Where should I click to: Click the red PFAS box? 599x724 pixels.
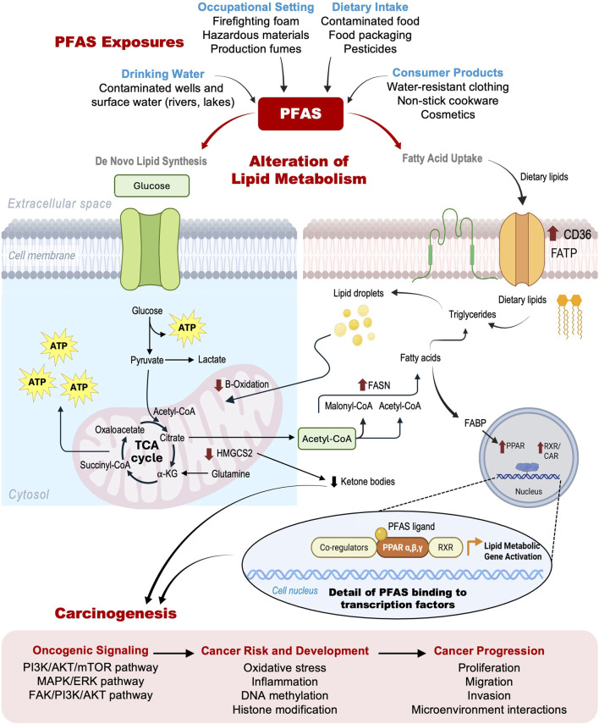(300, 113)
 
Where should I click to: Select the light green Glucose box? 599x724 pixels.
(151, 185)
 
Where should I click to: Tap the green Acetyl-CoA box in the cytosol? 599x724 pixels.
(327, 439)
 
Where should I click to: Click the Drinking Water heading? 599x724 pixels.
(162, 74)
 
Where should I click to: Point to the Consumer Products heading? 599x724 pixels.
(448, 73)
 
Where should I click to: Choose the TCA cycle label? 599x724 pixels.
(146, 451)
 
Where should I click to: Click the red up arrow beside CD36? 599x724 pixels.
(552, 233)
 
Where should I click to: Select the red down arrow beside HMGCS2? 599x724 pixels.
(209, 454)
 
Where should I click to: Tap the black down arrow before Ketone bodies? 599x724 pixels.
(334, 482)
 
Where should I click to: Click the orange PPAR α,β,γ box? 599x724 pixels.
(403, 548)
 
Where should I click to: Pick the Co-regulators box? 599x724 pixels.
(343, 548)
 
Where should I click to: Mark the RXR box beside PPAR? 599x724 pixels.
(445, 548)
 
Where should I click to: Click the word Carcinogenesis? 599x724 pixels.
(115, 613)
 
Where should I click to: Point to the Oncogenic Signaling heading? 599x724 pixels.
(91, 650)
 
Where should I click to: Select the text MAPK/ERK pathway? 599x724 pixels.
(91, 681)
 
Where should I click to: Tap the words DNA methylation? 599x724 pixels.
(285, 695)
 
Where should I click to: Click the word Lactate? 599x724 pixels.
(212, 359)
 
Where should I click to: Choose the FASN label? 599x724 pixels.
(379, 385)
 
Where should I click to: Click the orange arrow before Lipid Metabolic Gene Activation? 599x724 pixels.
(474, 546)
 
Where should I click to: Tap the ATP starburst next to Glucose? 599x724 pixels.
(187, 328)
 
